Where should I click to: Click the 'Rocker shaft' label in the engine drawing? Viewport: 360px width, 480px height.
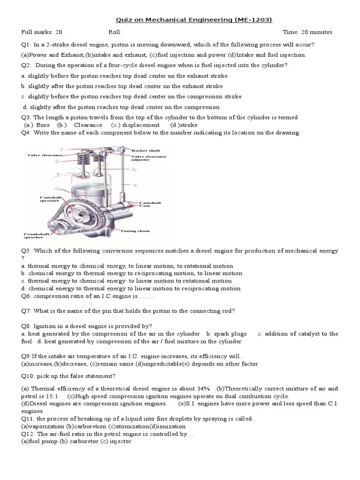(145, 151)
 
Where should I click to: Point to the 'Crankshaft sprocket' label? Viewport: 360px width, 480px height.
(36, 236)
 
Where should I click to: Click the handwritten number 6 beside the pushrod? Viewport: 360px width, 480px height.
(135, 185)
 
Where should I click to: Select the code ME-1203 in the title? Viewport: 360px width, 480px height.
(257, 19)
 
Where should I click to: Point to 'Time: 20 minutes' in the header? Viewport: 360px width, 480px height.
(307, 32)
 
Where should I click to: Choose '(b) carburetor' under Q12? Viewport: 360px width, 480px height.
(75, 442)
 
